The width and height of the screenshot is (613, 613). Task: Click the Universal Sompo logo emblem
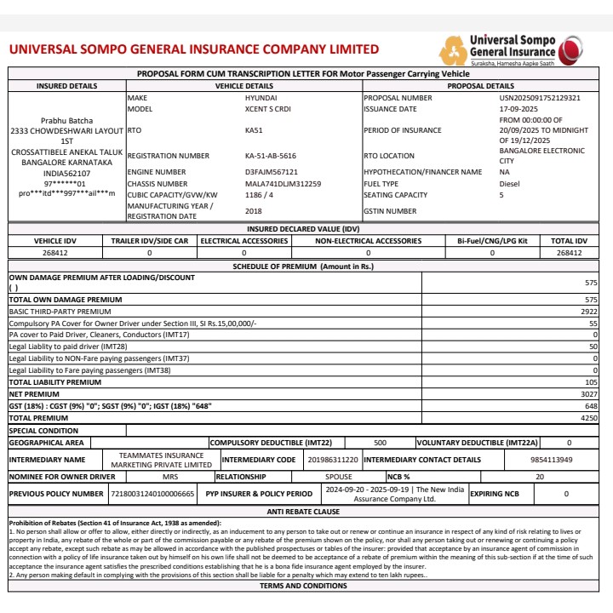(x=453, y=50)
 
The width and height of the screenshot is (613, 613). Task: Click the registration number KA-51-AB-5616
(x=271, y=157)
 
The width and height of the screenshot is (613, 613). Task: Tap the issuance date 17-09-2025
(x=519, y=110)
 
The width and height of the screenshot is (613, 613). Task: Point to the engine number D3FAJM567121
(x=271, y=172)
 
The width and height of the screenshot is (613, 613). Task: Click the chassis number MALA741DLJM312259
(x=283, y=184)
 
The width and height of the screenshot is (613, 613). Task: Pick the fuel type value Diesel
(x=510, y=184)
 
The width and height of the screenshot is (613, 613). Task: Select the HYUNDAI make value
(x=261, y=99)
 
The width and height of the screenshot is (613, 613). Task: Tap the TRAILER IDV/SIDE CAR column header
(x=149, y=242)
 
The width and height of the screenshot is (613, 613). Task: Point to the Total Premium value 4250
(x=589, y=419)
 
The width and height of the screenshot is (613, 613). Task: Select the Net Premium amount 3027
(x=589, y=395)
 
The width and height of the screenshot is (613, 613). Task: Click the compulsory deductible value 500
(x=381, y=443)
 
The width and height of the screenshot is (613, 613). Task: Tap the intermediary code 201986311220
(x=333, y=460)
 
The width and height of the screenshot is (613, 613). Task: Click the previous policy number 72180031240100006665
(x=153, y=494)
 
